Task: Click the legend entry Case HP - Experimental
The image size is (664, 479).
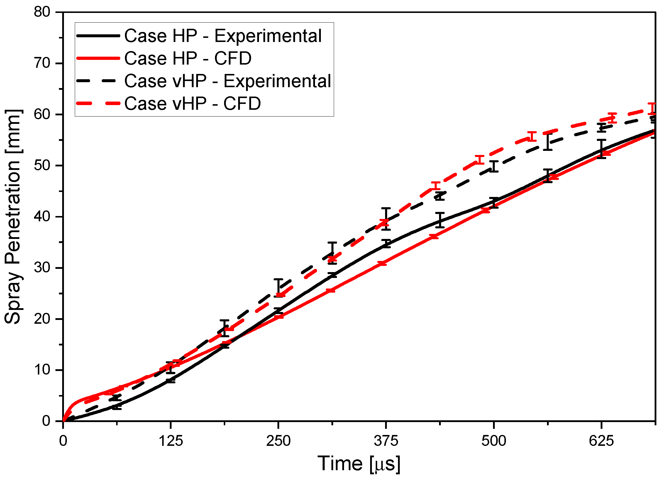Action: (223, 36)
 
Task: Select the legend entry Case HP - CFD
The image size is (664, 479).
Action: (188, 58)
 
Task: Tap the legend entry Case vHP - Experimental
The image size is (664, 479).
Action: (228, 81)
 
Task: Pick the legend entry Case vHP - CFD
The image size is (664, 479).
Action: (192, 103)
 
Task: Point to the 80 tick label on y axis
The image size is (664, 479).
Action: (42, 12)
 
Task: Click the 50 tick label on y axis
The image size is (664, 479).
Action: (42, 166)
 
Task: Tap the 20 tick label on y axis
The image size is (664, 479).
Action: (42, 319)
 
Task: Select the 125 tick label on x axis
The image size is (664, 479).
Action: (170, 441)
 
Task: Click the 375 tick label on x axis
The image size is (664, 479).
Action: (386, 441)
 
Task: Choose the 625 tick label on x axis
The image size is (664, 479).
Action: (601, 441)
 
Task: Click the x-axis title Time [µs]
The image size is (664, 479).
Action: (359, 464)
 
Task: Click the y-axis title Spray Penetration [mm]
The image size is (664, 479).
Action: (13, 217)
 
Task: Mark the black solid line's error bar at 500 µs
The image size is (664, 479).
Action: (494, 203)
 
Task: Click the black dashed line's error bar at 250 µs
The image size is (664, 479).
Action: (278, 288)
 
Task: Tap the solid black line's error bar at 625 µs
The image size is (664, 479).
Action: (602, 149)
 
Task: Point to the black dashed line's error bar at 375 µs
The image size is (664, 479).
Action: (386, 219)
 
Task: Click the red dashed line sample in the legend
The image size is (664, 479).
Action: (98, 103)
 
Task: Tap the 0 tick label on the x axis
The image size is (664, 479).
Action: (63, 441)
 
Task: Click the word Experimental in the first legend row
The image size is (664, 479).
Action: (268, 36)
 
